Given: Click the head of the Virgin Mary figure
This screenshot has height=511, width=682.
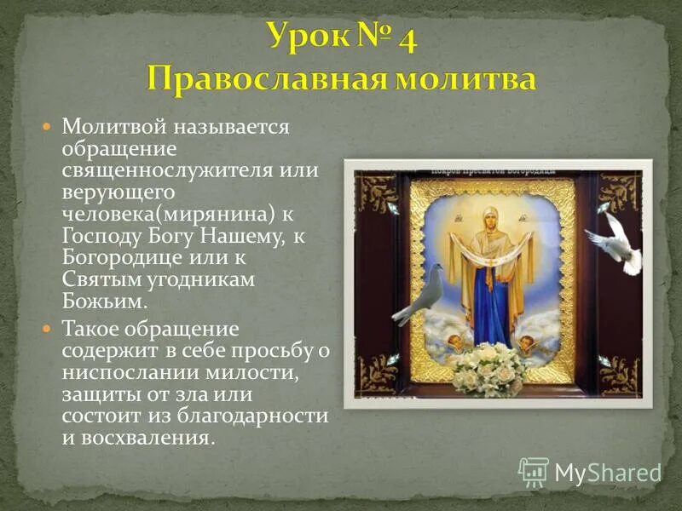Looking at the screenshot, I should [x=491, y=217].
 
